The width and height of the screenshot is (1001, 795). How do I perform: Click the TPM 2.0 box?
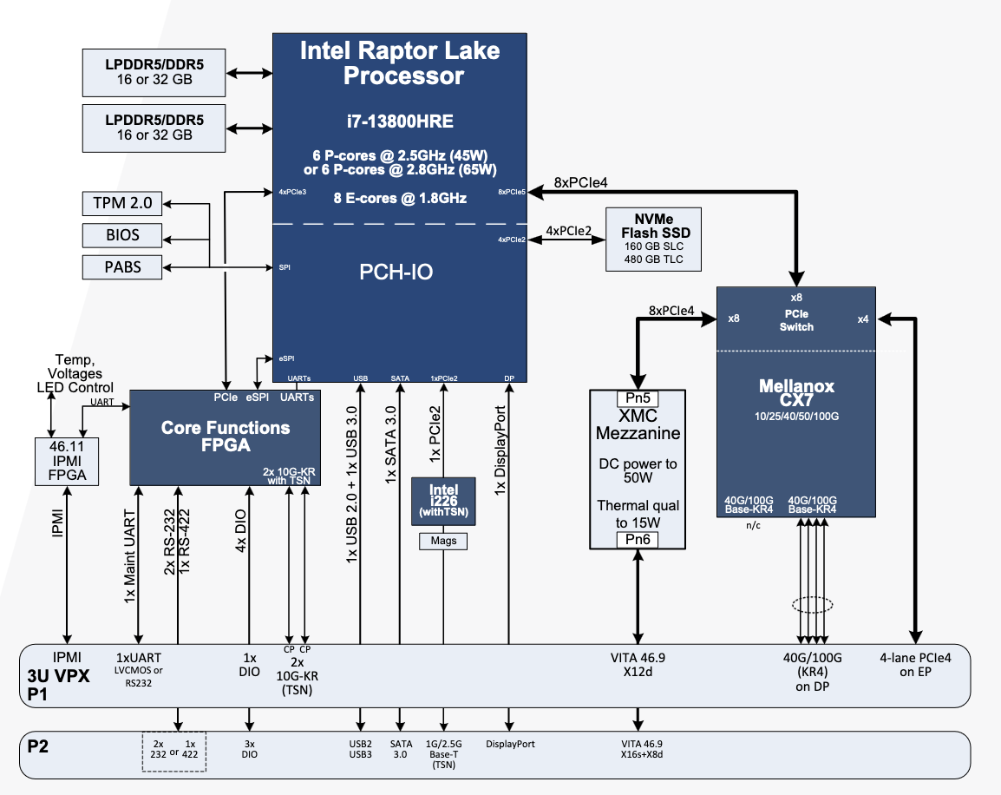(121, 204)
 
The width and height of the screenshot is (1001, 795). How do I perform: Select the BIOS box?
(121, 235)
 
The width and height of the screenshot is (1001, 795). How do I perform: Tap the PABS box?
(121, 266)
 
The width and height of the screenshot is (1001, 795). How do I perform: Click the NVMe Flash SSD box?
(654, 240)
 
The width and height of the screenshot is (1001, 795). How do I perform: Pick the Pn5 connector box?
(638, 399)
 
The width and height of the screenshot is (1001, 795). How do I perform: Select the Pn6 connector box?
(638, 540)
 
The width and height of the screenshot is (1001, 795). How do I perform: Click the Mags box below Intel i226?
(443, 541)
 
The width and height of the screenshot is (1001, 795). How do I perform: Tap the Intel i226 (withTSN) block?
(443, 501)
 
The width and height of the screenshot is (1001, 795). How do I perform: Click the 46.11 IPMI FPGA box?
(67, 461)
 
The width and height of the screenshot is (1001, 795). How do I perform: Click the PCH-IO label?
(396, 273)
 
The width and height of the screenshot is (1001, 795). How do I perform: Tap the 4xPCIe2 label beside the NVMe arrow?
(567, 231)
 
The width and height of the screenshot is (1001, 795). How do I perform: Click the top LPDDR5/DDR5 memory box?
(154, 73)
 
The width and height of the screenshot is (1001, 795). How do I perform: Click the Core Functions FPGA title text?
(226, 437)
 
